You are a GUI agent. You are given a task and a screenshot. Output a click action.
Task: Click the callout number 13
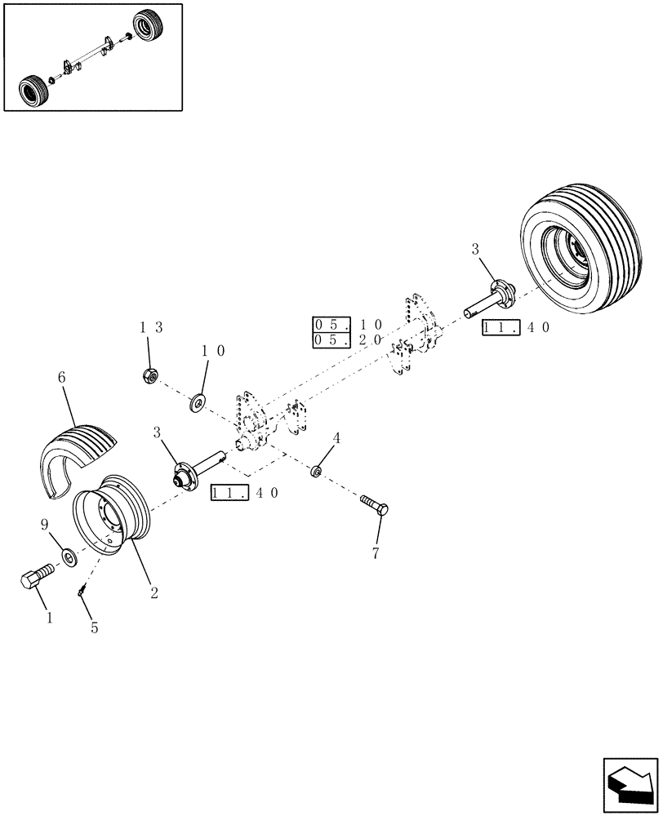point(151,328)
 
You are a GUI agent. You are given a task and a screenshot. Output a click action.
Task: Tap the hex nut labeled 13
point(149,376)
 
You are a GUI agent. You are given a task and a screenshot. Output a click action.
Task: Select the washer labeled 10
point(198,401)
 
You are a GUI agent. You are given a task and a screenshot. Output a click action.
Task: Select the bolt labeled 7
point(374,507)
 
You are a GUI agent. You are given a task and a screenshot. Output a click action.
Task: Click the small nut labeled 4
point(316,472)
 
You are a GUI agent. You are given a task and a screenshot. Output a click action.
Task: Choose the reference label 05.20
point(348,339)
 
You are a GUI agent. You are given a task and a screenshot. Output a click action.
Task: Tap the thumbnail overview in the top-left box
point(91,56)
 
